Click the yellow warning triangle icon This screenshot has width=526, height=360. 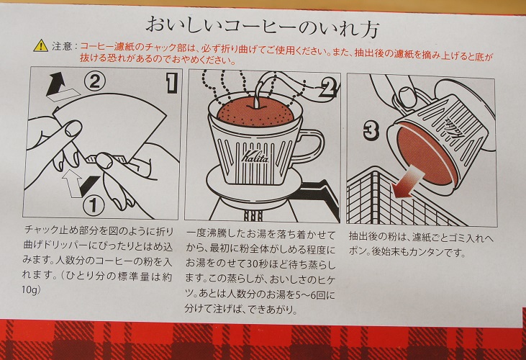pos(40,45)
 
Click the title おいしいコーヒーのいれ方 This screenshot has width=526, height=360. pos(263,27)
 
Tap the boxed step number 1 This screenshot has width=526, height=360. pos(171,84)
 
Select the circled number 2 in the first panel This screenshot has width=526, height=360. pos(94,81)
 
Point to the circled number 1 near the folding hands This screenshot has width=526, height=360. pos(94,205)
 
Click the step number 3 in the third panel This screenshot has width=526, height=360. pos(371,130)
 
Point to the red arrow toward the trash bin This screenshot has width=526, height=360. pos(408,184)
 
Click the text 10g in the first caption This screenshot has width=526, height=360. pos(31,289)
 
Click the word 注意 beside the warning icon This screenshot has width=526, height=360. pos(62,46)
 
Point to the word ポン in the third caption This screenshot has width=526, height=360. pos(357,251)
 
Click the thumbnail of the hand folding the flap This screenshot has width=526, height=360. pos(101,143)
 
